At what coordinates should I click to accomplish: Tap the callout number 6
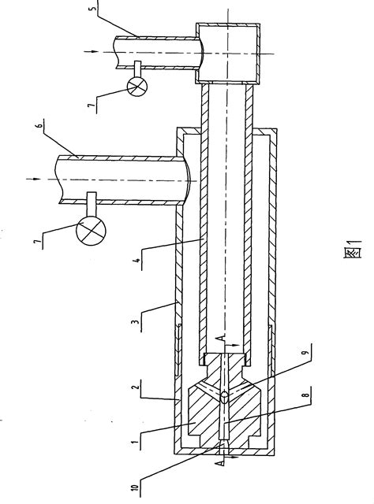click(x=39, y=126)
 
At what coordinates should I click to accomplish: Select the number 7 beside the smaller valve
click(x=92, y=106)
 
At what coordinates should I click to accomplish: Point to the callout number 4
click(x=138, y=261)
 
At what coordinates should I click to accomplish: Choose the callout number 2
click(x=137, y=386)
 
